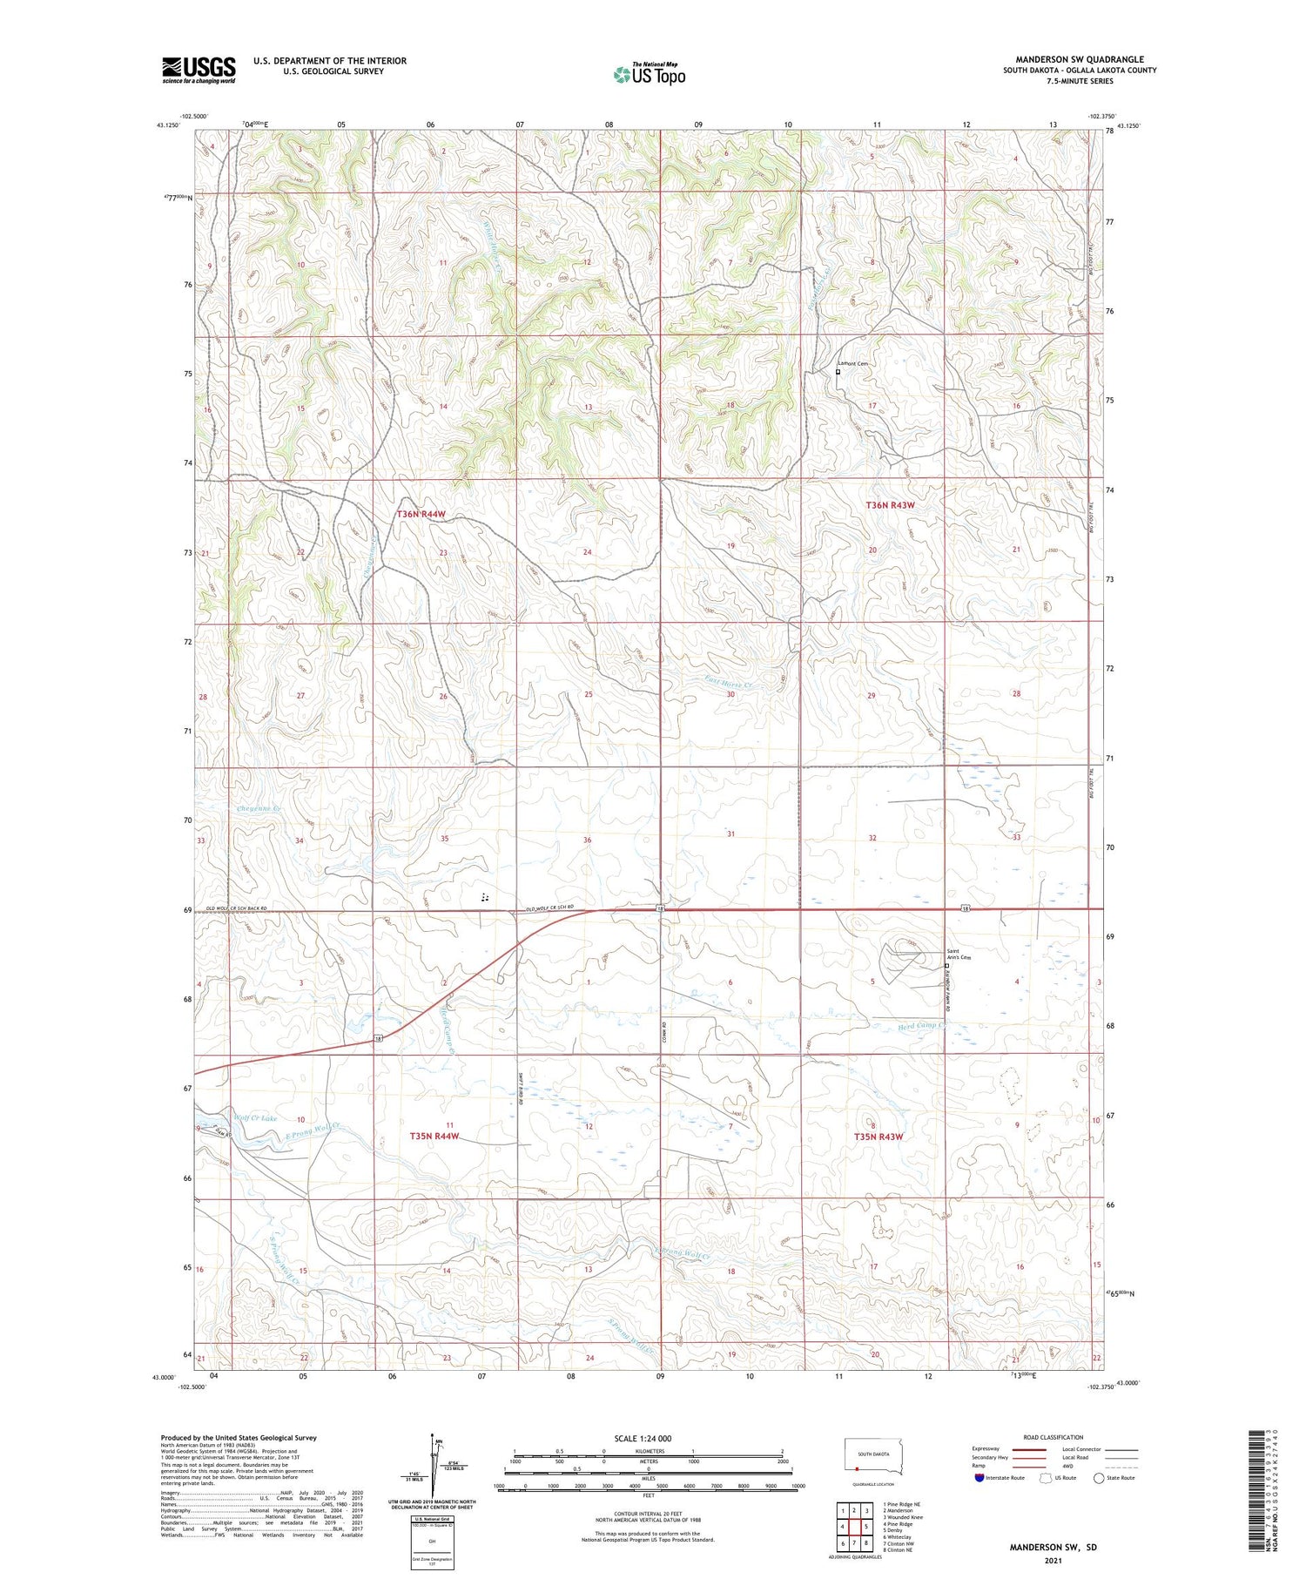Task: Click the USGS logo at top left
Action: click(x=199, y=70)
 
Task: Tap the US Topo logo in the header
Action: click(x=650, y=75)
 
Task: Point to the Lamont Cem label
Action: click(x=852, y=363)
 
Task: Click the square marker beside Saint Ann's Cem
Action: click(x=946, y=966)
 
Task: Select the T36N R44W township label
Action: click(x=421, y=515)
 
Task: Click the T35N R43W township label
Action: click(x=878, y=1137)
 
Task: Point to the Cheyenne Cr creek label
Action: click(x=259, y=809)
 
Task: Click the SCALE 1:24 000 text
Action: click(x=643, y=1438)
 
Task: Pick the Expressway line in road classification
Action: click(x=1034, y=1449)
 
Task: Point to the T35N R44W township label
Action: click(x=434, y=1137)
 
